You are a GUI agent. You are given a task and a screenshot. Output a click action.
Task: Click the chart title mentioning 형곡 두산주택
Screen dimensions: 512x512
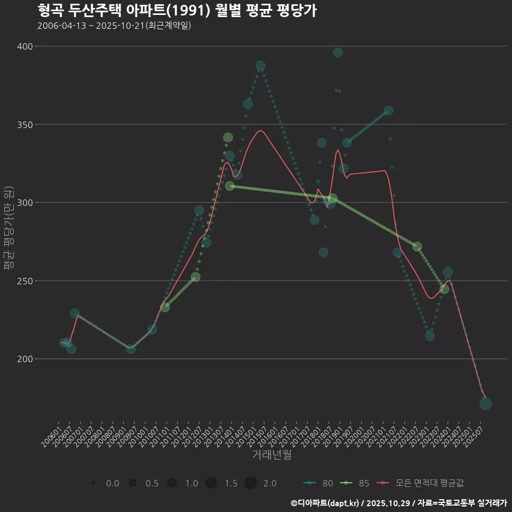pos(177,11)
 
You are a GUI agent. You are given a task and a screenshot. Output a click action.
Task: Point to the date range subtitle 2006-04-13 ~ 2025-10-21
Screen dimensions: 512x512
pos(114,26)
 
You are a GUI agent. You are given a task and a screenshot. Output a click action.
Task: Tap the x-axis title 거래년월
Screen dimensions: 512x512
pos(271,455)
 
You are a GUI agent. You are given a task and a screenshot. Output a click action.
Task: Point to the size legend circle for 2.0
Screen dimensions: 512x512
pos(251,483)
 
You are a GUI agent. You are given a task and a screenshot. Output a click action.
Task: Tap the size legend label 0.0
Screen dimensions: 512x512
pos(113,483)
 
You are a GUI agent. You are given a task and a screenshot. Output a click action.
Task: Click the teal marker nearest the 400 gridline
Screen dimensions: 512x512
pos(338,52)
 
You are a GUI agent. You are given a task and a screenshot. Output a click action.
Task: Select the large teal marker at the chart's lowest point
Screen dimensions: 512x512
pos(485,404)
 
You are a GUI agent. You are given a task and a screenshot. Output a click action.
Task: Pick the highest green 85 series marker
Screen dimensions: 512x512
pos(228,138)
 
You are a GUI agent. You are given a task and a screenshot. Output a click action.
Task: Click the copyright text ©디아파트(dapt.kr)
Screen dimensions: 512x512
pos(325,503)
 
